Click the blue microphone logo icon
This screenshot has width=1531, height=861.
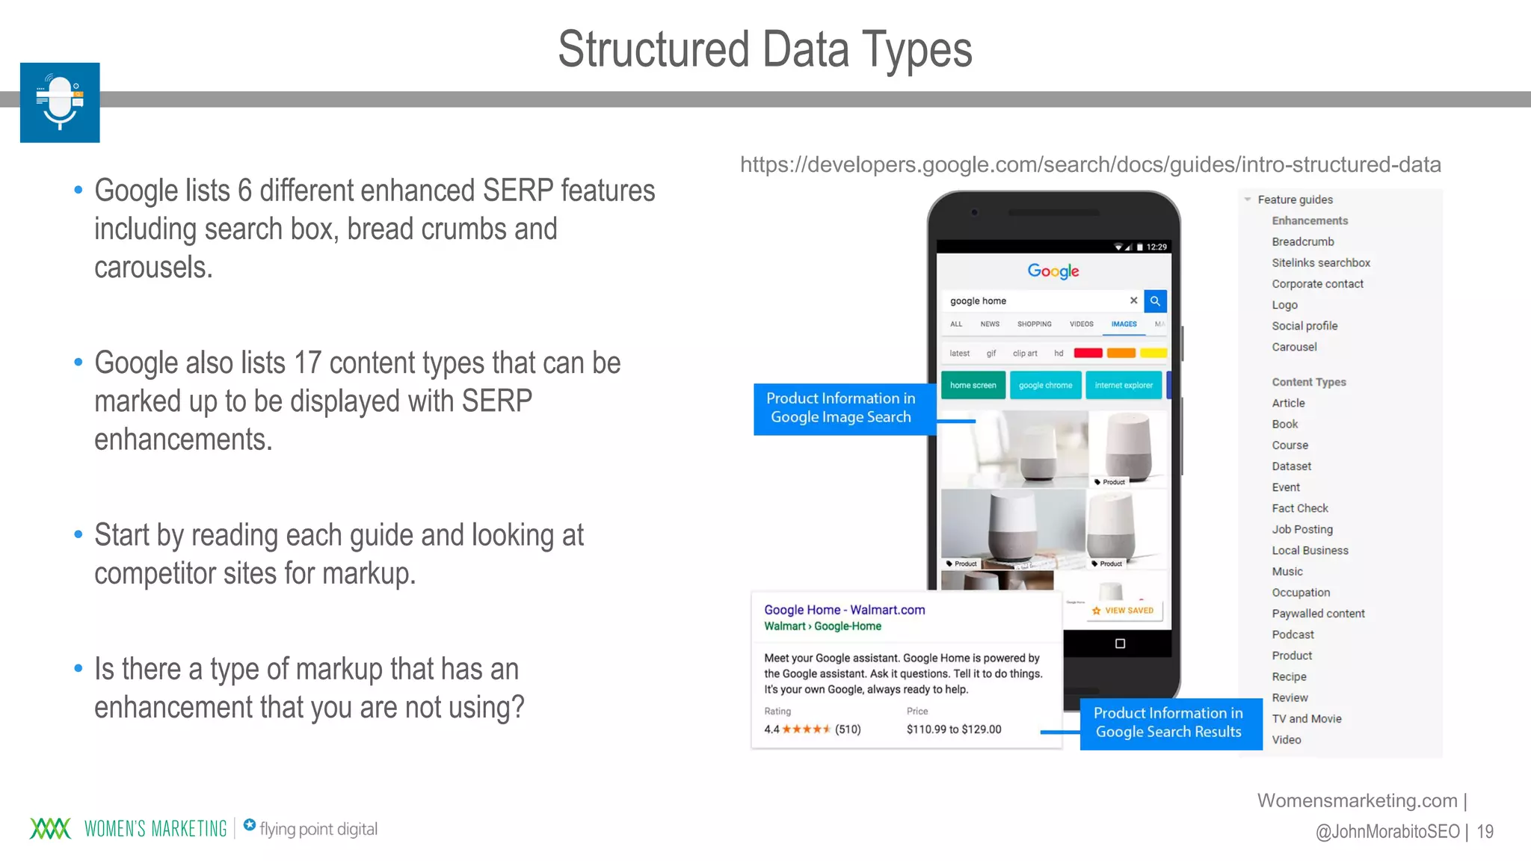tap(60, 102)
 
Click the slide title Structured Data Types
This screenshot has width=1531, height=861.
tap(765, 49)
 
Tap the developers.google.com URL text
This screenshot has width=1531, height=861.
tap(1090, 164)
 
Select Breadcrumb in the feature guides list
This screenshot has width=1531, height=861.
tap(1302, 241)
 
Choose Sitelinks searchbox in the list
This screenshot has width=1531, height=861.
tap(1321, 262)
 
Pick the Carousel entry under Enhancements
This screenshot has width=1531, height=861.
tap(1294, 347)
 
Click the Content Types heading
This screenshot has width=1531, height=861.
tap(1308, 382)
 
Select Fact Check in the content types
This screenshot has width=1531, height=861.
tap(1300, 508)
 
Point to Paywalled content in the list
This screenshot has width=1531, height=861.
tap(1318, 614)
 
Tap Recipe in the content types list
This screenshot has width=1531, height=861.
tap(1289, 676)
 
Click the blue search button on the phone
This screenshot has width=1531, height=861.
tap(1155, 301)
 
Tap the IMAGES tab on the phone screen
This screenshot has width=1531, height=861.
tap(1124, 324)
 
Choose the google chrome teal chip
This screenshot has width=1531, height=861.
tap(1045, 386)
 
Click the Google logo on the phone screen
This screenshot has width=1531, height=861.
tap(1053, 271)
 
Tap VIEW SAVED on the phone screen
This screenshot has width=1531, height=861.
tap(1123, 611)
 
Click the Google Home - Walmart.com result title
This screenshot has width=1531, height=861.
tap(844, 610)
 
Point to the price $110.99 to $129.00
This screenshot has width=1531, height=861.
tap(953, 729)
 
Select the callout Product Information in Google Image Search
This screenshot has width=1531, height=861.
tap(841, 408)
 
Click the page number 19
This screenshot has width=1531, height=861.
tap(1485, 831)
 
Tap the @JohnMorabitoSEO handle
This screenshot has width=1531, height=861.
tap(1387, 831)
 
